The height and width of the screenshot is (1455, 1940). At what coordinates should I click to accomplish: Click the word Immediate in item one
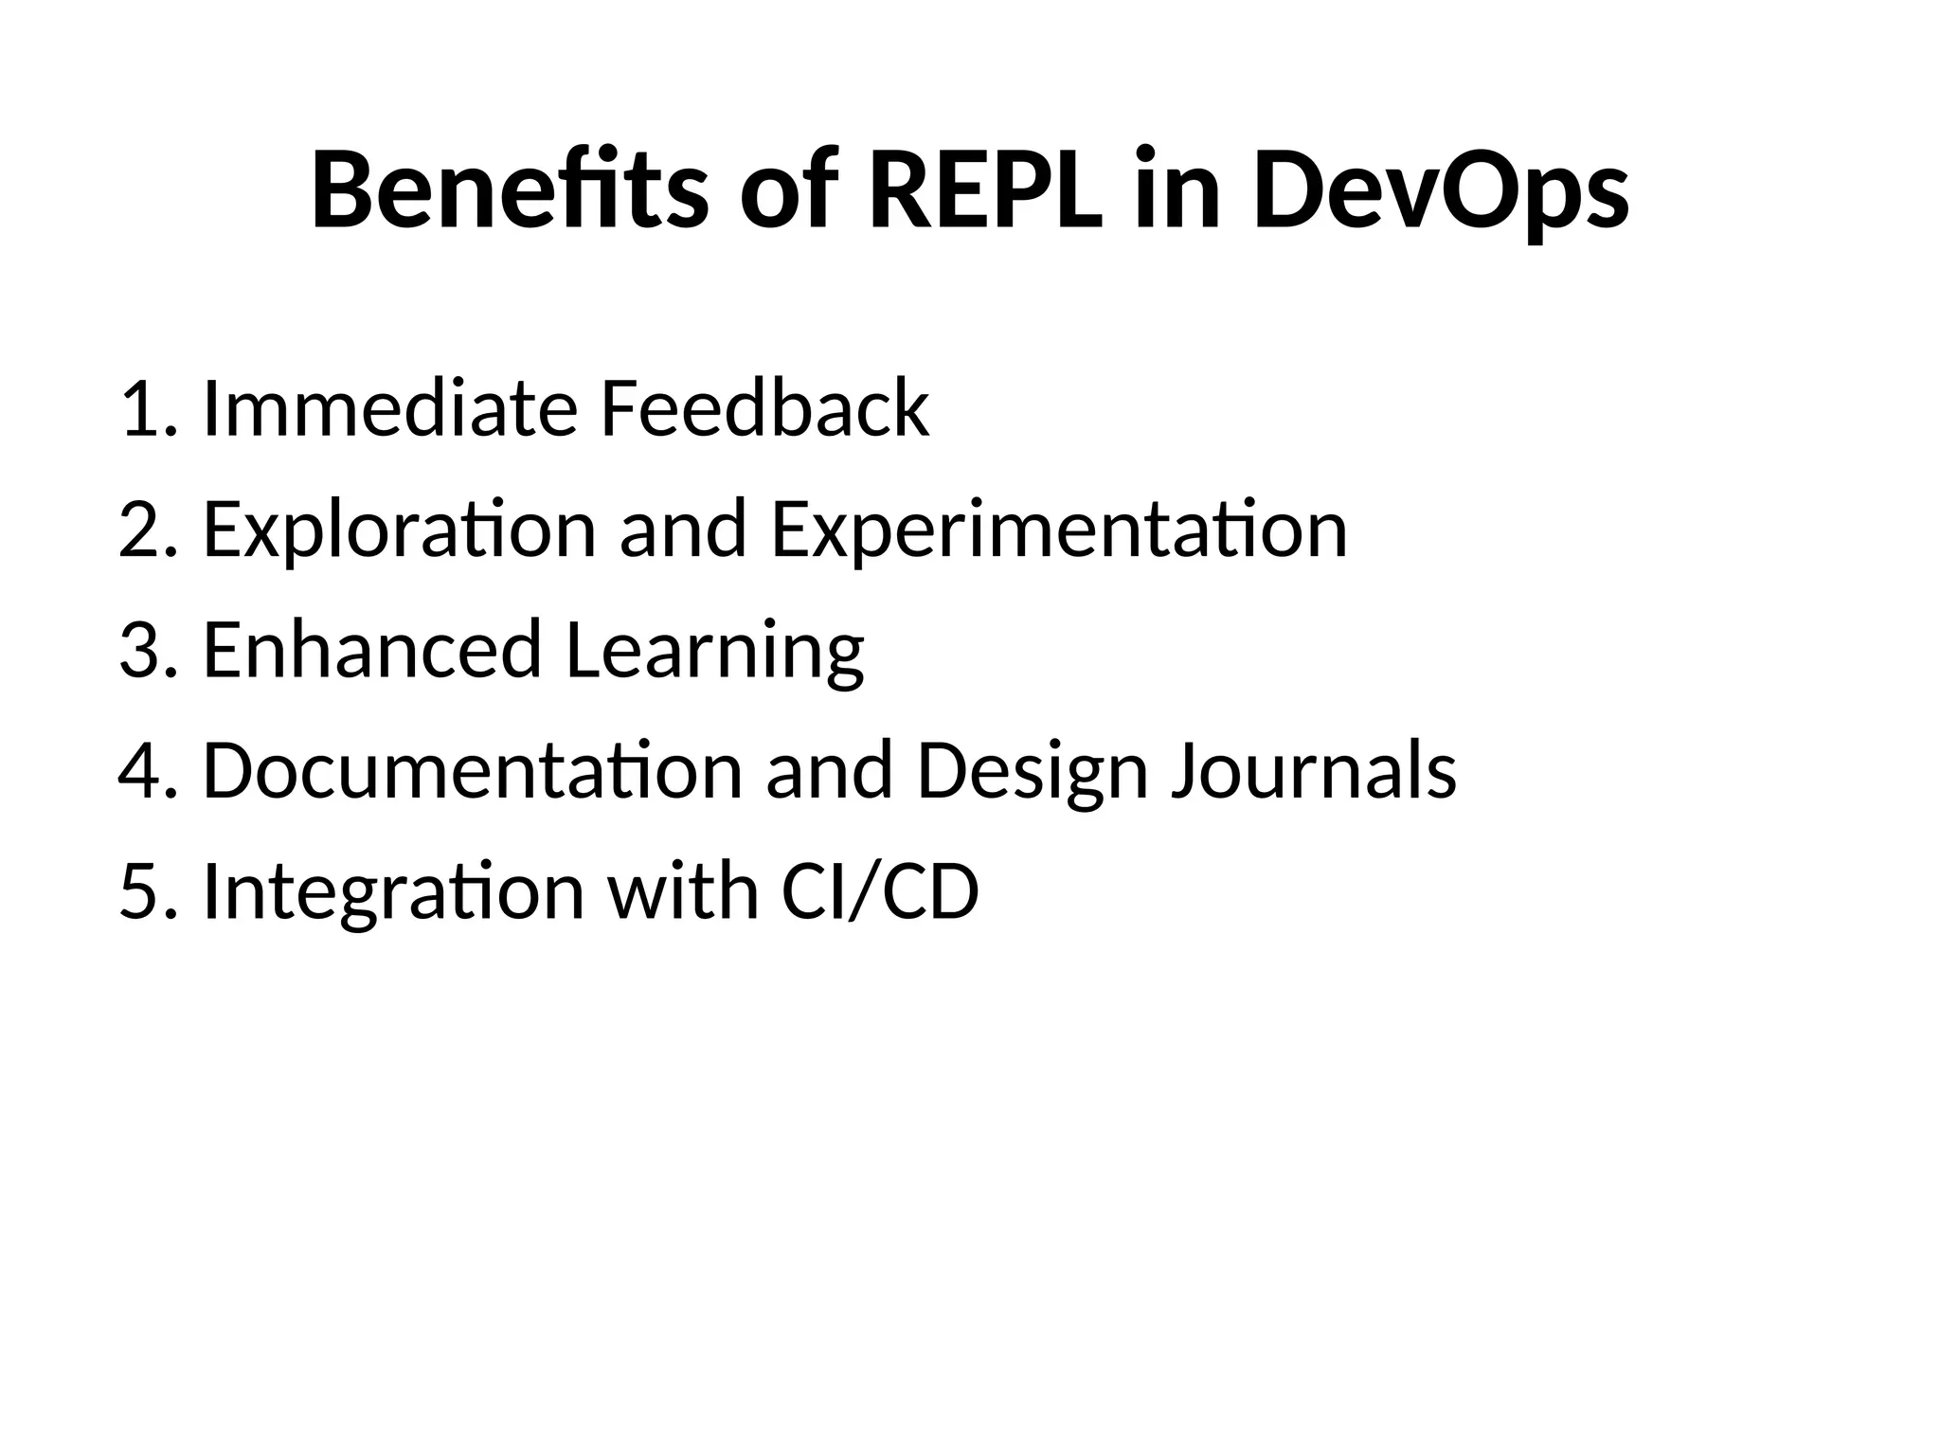point(389,408)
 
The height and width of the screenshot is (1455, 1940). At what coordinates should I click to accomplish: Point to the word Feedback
point(764,408)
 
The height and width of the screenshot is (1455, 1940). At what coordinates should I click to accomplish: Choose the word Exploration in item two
point(399,530)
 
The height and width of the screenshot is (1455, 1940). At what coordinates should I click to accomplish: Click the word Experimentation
point(1058,530)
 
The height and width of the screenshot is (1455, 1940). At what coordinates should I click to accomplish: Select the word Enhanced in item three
point(371,650)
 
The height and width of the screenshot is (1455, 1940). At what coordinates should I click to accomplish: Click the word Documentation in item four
point(473,770)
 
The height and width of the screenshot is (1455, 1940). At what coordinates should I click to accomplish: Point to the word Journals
point(1314,770)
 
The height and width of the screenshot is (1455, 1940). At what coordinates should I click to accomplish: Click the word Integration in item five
point(393,892)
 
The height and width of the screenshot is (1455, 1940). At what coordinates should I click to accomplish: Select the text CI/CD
point(880,891)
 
